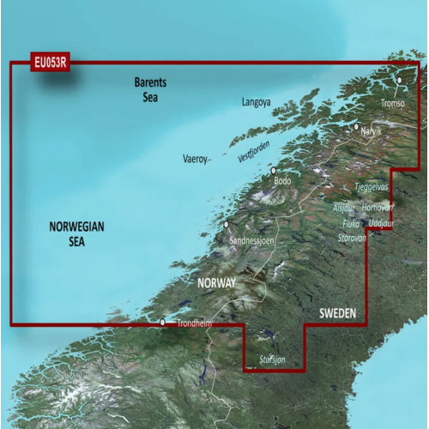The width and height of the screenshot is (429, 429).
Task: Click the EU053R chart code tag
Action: tap(51, 62)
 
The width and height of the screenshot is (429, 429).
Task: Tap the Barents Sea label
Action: tap(151, 88)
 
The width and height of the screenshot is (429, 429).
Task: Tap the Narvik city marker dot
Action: tap(357, 127)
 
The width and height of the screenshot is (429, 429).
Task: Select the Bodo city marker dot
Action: tap(274, 170)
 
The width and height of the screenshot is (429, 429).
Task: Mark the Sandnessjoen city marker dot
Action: tap(227, 225)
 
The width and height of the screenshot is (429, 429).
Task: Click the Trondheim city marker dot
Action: tap(163, 323)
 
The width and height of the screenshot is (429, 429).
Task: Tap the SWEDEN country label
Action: tap(338, 315)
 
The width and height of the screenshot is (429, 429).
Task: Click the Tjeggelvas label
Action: tap(372, 186)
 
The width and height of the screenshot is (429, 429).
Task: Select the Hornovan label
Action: tap(378, 208)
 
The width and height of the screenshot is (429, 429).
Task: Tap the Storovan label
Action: tap(352, 238)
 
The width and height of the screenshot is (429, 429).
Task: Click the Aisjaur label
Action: tap(343, 208)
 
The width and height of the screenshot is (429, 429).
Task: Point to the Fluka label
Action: tap(351, 223)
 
